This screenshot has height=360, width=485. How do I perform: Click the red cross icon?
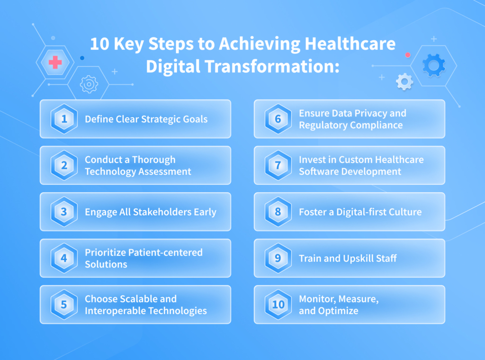tap(55, 62)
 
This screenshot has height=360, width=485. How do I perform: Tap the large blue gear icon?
tap(434, 65)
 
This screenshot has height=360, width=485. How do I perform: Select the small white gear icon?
tap(404, 82)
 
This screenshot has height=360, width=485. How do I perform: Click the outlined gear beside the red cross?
tap(89, 84)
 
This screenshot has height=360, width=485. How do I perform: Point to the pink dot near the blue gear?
tap(408, 55)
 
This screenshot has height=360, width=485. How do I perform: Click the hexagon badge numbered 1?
tap(64, 119)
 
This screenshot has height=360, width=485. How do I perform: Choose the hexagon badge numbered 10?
tap(278, 305)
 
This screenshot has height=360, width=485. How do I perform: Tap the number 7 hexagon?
tap(278, 165)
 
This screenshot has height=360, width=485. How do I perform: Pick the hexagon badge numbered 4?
tap(64, 258)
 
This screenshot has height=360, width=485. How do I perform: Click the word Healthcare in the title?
tap(350, 44)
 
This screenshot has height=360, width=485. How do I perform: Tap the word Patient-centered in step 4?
tap(165, 252)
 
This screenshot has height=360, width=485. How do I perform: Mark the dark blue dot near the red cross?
tap(82, 58)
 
